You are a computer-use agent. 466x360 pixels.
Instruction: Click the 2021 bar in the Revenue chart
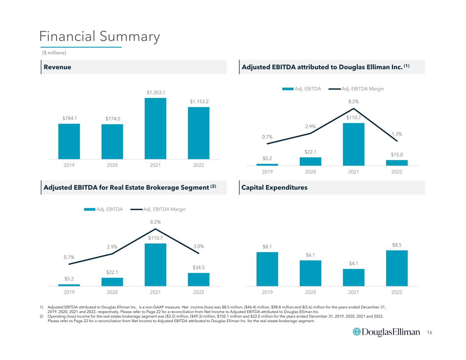tap(155, 128)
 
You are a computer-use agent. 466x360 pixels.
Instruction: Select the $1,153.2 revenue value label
tap(199, 102)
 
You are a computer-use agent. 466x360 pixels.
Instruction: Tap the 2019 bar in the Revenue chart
tap(69, 141)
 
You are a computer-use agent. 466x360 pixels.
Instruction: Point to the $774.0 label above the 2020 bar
tap(113, 119)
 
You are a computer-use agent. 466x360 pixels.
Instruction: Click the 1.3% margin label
tap(397, 134)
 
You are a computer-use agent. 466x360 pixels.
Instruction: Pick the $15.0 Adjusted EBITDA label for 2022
tap(397, 155)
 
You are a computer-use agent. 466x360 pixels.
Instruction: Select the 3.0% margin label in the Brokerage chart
tap(199, 246)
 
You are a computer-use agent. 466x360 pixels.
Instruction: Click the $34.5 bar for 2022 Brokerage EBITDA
tap(199, 279)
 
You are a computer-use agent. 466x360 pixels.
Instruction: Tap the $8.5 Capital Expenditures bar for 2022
tap(397, 268)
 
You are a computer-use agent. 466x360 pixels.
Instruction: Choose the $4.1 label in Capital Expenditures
tap(353, 263)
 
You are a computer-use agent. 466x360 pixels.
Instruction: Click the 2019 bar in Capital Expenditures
tap(267, 269)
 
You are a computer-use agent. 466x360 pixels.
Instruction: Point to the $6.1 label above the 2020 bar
tap(310, 255)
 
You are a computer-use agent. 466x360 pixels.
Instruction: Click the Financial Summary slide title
tap(99, 37)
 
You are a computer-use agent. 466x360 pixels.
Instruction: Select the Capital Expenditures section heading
tap(274, 187)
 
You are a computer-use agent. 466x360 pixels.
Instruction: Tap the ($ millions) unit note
tap(54, 53)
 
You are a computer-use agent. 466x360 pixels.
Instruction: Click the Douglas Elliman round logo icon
tap(356, 332)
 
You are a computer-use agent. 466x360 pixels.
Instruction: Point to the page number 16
tap(429, 332)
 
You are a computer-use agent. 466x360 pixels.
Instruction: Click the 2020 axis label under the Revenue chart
tap(112, 165)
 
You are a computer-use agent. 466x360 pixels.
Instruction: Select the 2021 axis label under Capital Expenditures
tap(353, 292)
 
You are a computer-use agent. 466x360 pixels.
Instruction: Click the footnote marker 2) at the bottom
tap(41, 316)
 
